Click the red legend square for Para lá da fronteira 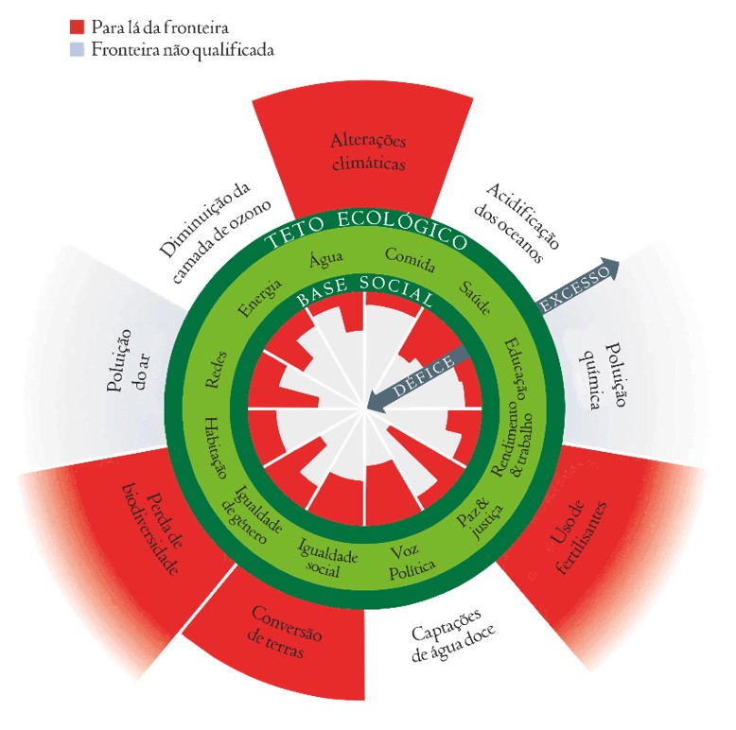(x=77, y=26)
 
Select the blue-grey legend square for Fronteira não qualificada (x=77, y=49)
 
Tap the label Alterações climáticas (x=368, y=152)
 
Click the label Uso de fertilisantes (x=576, y=538)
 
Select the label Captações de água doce (x=452, y=634)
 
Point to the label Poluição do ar (x=127, y=360)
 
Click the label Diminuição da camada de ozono (x=215, y=232)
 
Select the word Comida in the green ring (x=410, y=260)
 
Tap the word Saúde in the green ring (x=475, y=298)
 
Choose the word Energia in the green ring (x=259, y=298)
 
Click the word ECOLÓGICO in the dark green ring (x=403, y=229)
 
